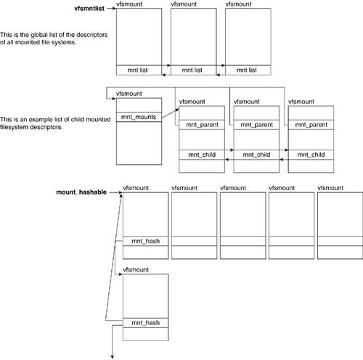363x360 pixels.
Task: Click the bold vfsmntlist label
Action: (x=89, y=9)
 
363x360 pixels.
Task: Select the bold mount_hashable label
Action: (x=81, y=192)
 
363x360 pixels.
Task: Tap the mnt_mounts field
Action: (x=139, y=117)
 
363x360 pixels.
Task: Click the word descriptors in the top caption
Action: (x=91, y=35)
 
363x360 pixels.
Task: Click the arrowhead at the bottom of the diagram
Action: (x=113, y=357)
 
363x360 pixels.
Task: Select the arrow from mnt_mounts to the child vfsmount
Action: (x=170, y=113)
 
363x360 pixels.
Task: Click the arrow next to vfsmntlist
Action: (x=112, y=9)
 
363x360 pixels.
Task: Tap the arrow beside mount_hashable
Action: (x=116, y=192)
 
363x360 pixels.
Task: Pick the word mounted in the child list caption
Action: (x=99, y=120)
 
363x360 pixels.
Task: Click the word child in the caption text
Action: (x=78, y=120)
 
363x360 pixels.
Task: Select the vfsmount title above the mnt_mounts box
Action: (x=129, y=94)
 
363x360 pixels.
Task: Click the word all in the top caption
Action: (x=9, y=42)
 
